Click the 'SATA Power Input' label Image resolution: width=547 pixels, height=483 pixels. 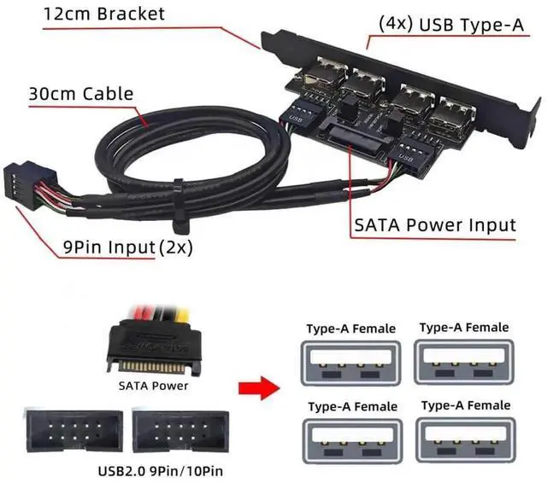pyautogui.click(x=434, y=225)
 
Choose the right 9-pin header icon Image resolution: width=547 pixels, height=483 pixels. pyautogui.click(x=176, y=428)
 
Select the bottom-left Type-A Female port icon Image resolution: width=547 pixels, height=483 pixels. pyautogui.click(x=350, y=437)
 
